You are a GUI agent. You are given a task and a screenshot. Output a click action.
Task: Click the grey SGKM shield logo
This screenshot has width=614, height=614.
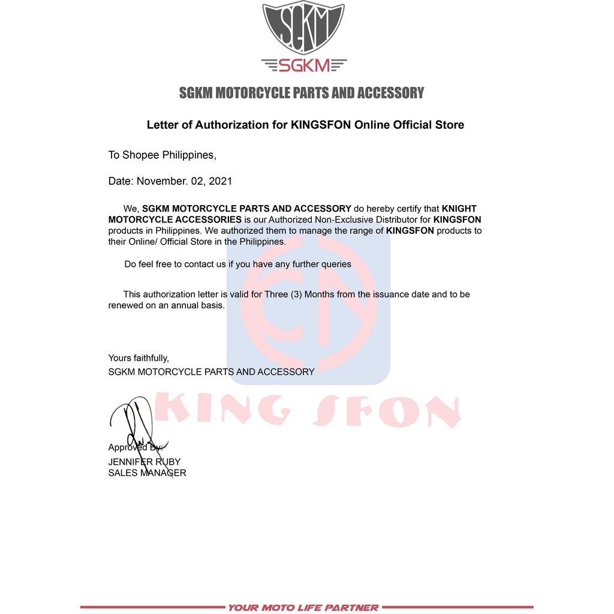pos(303,29)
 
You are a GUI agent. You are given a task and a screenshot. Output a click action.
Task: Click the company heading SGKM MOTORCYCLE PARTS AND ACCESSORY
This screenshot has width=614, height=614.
pos(302,93)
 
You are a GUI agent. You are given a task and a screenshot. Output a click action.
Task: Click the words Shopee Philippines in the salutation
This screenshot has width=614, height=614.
pos(168,155)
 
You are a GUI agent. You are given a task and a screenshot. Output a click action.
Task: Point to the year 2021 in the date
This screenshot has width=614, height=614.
pos(220,180)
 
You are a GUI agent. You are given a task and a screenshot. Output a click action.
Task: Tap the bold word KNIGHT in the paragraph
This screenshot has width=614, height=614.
pos(459,209)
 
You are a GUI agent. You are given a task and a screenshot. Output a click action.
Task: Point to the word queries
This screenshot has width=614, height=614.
pos(335,264)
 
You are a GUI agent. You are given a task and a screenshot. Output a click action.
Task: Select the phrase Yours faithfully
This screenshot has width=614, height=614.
pos(139,358)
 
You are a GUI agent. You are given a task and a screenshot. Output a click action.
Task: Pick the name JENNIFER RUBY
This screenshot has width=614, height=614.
pos(144,462)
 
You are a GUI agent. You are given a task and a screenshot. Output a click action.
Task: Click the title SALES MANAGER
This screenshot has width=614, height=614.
pos(147,472)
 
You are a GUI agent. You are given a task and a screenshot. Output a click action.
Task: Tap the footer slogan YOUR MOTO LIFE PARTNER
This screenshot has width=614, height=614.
pos(303,607)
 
